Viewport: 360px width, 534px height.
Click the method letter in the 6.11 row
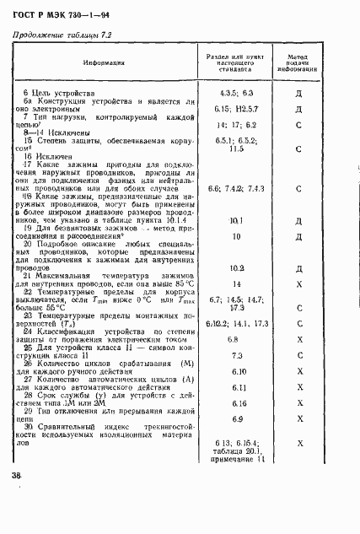click(299, 387)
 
